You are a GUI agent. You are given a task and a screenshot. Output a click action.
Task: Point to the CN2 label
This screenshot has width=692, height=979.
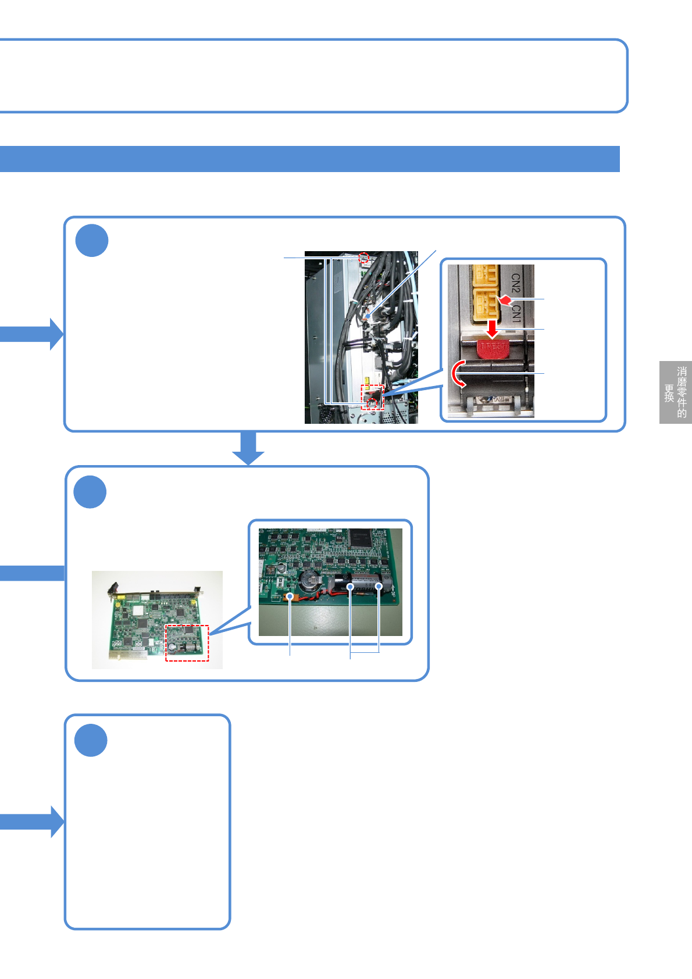[x=516, y=283]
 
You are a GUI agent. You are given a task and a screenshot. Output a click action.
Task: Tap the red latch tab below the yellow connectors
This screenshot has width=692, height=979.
[x=493, y=349]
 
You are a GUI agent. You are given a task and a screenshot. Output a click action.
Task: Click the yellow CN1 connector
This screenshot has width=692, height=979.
[x=486, y=305]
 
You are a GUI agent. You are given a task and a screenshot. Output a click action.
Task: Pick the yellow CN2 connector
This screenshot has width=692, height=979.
[x=486, y=276]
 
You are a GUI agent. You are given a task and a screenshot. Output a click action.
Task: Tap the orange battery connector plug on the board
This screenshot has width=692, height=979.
[x=290, y=596]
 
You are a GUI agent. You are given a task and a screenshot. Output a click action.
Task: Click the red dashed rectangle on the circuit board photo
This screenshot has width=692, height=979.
[x=187, y=643]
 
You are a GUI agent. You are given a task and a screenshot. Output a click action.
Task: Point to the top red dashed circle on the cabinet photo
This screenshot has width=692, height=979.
[x=365, y=258]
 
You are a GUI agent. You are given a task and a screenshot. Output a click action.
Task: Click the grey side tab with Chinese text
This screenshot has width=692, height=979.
[x=675, y=392]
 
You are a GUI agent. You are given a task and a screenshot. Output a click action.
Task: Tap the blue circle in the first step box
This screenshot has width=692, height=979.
[x=92, y=240]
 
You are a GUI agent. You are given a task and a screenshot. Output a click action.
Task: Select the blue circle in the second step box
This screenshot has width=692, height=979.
[x=90, y=492]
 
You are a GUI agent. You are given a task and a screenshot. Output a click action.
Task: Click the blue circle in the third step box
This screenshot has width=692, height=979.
[x=91, y=740]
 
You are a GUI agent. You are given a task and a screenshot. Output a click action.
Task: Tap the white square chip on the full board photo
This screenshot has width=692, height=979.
[x=137, y=612]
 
